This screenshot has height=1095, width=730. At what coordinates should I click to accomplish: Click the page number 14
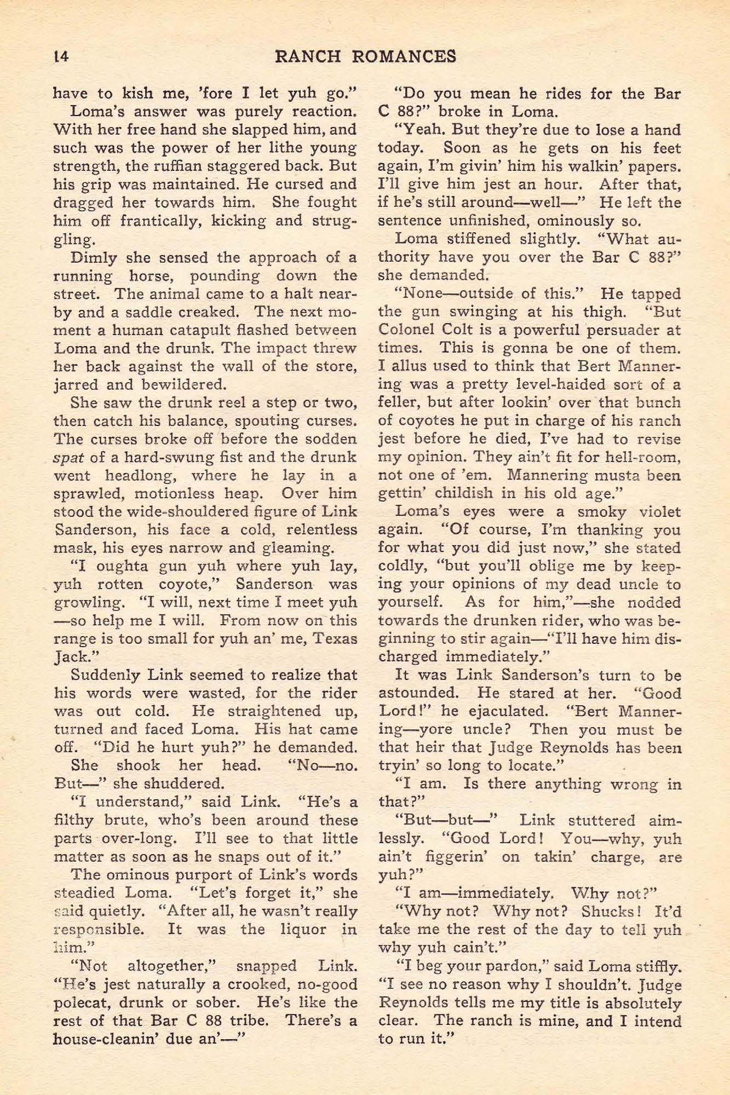pos(61,56)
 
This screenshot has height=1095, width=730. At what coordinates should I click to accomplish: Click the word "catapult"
pos(200,330)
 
